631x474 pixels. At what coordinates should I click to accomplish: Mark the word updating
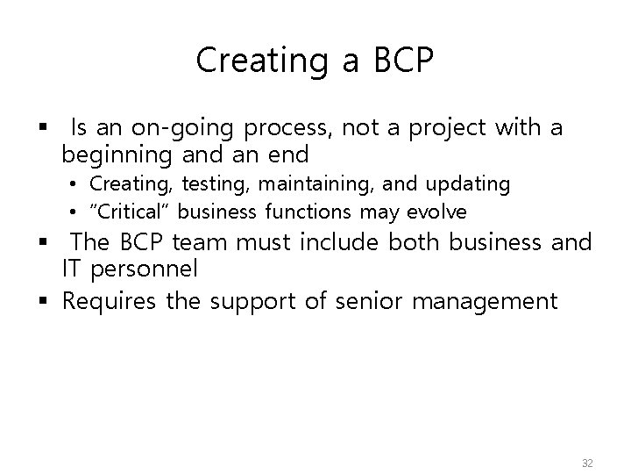point(468,184)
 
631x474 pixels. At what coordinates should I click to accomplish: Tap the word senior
point(366,303)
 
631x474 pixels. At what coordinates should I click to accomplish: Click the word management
point(486,303)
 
